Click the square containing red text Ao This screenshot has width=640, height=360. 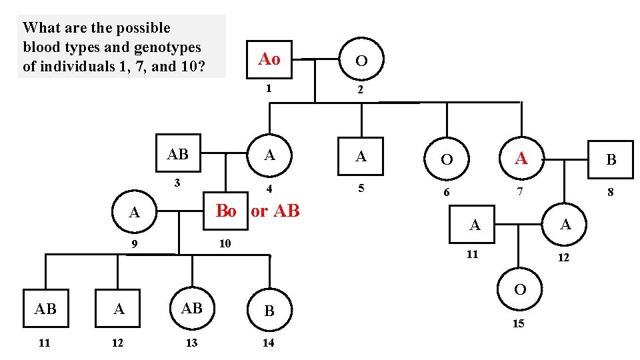tap(269, 59)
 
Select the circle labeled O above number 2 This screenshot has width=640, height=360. tap(361, 61)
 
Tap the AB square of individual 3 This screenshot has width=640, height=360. tap(178, 155)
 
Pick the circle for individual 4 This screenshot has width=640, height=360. tap(269, 155)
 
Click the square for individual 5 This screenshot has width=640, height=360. tap(361, 157)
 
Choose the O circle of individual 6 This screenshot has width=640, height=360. tap(447, 159)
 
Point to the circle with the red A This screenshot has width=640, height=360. tap(521, 159)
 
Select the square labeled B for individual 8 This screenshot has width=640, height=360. tap(610, 160)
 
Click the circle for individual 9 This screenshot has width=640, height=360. tap(135, 213)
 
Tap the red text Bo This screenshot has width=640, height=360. tap(226, 211)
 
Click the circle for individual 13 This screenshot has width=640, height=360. tap(192, 309)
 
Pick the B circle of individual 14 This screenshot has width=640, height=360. tap(269, 311)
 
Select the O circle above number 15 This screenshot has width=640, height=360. tap(520, 289)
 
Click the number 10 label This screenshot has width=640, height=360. tap(225, 243)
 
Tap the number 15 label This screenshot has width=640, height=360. tap(518, 323)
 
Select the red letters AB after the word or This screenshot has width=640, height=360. tap(287, 211)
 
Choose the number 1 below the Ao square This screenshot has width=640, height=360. tap(269, 88)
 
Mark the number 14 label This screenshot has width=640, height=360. tap(269, 343)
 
